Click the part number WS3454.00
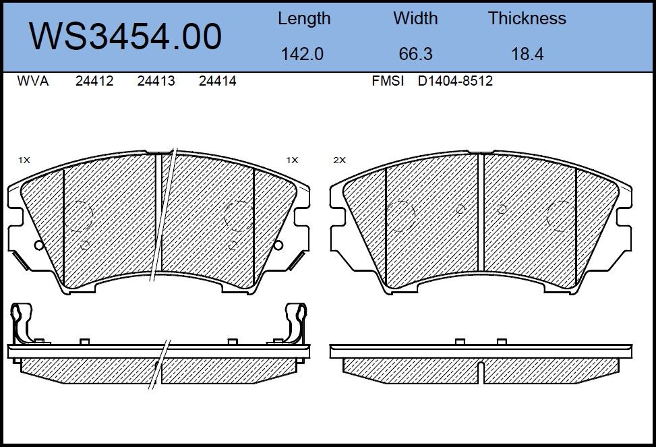click(125, 36)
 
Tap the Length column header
click(304, 19)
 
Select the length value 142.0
click(302, 54)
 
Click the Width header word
click(415, 18)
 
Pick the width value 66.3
click(415, 54)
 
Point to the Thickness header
click(527, 18)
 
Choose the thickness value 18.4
click(527, 54)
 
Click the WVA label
click(33, 81)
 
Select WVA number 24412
click(94, 81)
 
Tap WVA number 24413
click(156, 81)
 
